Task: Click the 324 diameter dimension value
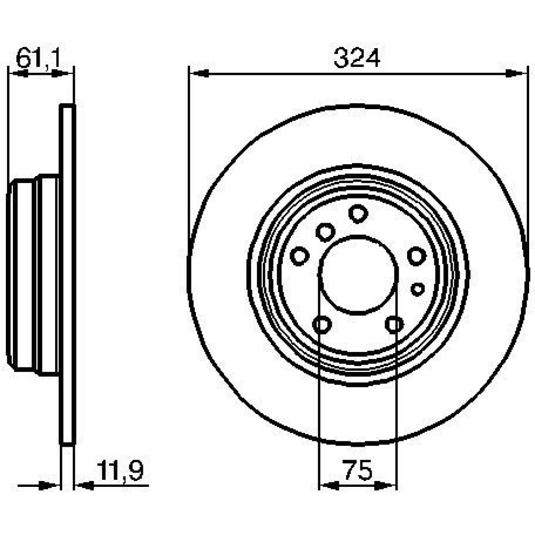[357, 57]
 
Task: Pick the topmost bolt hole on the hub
[358, 213]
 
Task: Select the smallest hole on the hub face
[418, 289]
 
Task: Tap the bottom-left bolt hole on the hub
[322, 325]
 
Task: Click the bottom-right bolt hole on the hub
[394, 325]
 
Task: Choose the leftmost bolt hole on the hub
[300, 256]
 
